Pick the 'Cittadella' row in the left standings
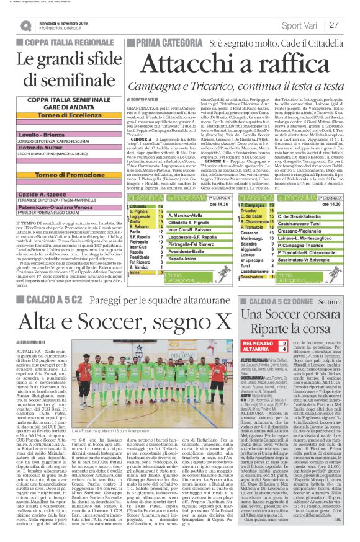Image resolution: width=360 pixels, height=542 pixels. pos(139,204)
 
